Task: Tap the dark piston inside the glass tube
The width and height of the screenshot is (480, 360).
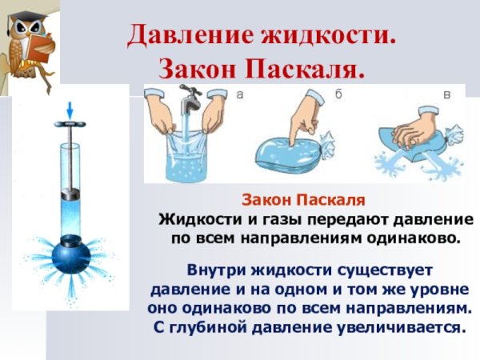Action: pyautogui.click(x=71, y=193)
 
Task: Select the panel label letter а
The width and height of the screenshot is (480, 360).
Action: pyautogui.click(x=239, y=95)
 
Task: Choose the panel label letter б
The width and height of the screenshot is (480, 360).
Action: pyautogui.click(x=338, y=95)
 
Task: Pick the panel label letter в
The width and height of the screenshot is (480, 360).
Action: pyautogui.click(x=446, y=95)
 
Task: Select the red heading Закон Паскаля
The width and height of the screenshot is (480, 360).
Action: pyautogui.click(x=303, y=199)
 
